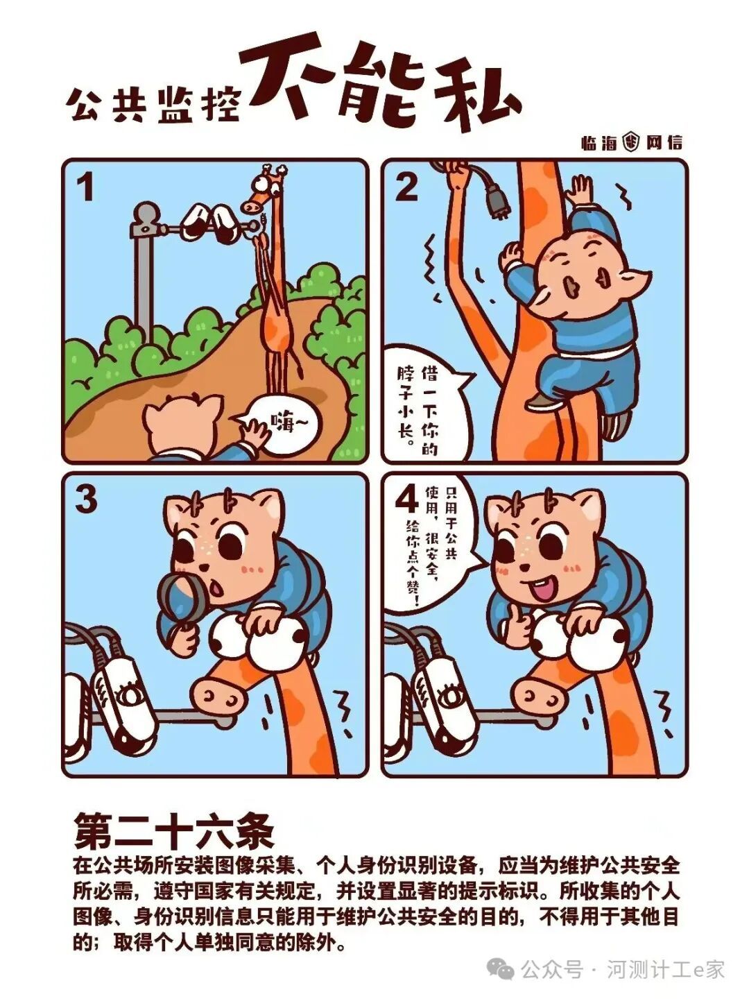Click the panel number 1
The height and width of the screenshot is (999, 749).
(85, 188)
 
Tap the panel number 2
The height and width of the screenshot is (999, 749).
(406, 188)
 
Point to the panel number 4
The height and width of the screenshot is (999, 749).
(407, 500)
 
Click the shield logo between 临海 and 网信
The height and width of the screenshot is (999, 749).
(632, 143)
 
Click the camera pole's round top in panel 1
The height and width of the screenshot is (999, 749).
(146, 212)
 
